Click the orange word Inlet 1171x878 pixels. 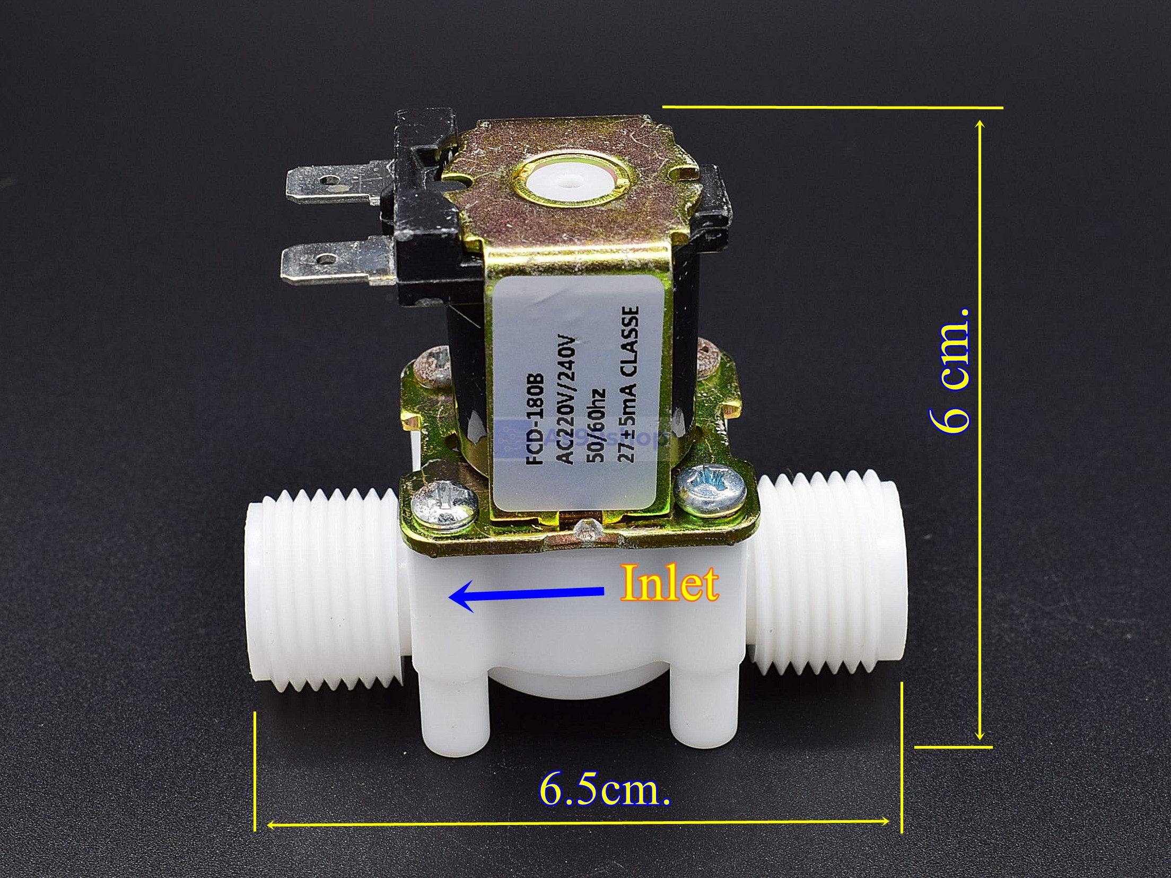(x=669, y=584)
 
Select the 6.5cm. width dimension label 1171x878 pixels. (x=605, y=791)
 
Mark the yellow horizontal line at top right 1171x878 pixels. (x=833, y=108)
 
